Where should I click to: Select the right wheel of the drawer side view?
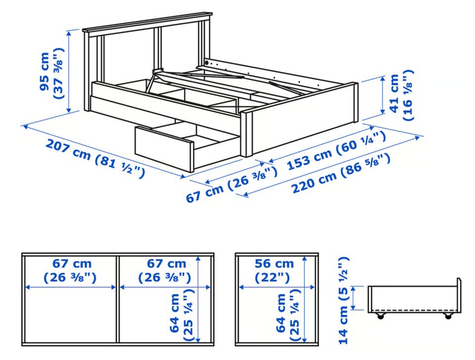click(448, 315)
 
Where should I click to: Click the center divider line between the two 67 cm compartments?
click(118, 299)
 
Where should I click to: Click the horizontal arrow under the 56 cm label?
click(276, 287)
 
